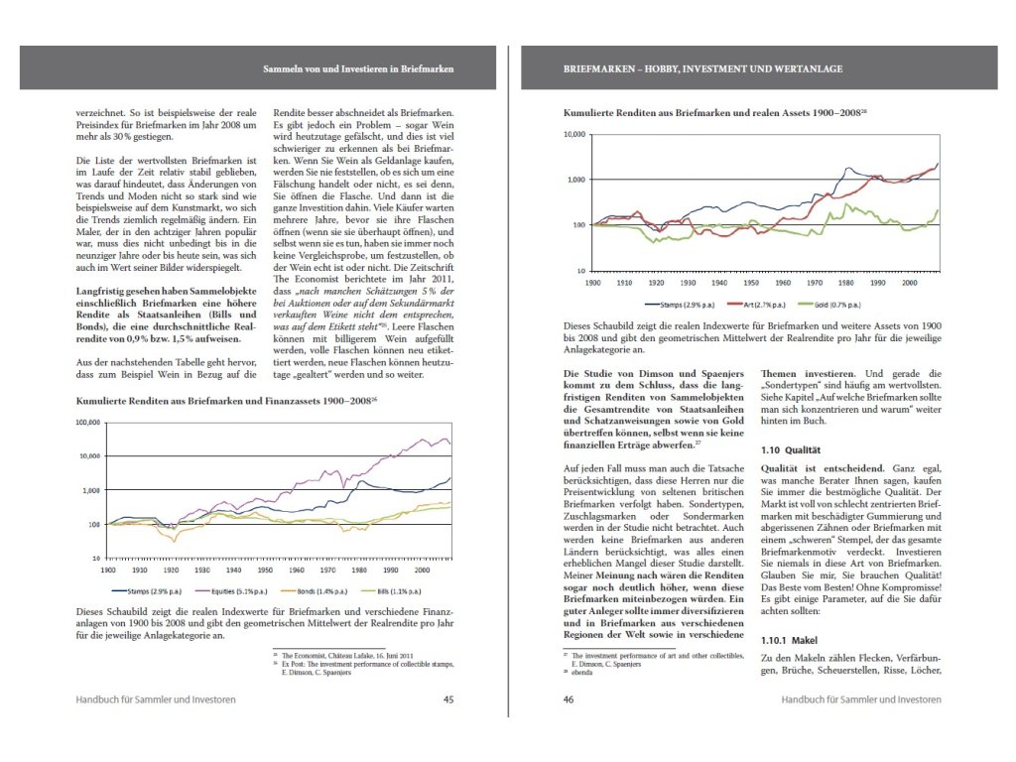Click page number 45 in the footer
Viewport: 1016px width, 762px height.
point(448,699)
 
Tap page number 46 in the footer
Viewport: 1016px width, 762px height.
point(569,699)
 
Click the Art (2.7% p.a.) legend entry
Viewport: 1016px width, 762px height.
point(756,306)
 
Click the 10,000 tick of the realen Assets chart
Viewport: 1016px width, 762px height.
point(575,134)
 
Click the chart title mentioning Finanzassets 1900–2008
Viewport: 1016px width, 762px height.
point(227,401)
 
